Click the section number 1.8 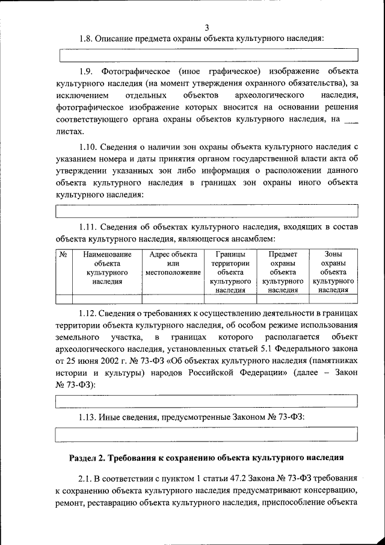click(88, 39)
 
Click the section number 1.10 click(90, 147)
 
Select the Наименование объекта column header click(107, 268)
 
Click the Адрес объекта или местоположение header click(173, 264)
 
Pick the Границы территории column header click(230, 272)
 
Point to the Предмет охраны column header click(283, 272)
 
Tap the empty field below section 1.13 click(207, 434)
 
